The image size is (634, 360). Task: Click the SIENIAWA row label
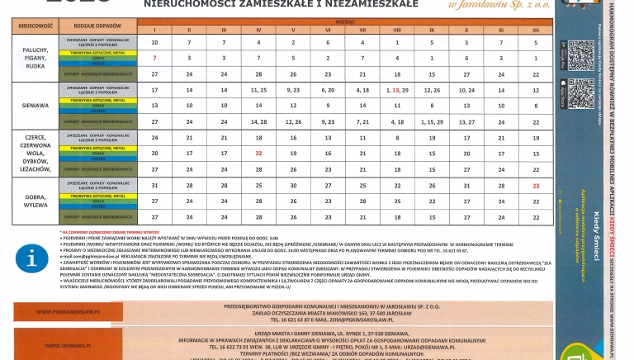pos(35,106)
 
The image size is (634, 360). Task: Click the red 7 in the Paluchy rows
pos(154,59)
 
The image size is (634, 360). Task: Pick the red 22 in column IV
pos(258,154)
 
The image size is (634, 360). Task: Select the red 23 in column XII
pos(536,186)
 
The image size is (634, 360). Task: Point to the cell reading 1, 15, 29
pos(432,121)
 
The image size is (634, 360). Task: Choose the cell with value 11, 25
pos(258,89)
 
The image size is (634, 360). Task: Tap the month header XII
pos(536,31)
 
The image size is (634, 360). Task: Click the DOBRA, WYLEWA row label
pos(35,203)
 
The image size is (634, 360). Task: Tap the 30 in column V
pos(293,186)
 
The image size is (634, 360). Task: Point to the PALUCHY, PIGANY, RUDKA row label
pos(35,58)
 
